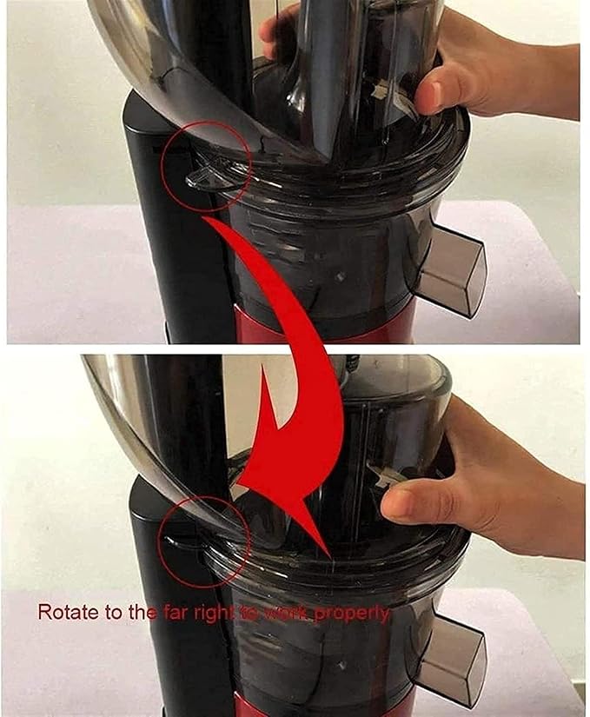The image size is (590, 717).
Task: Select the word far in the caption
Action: (172, 613)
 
